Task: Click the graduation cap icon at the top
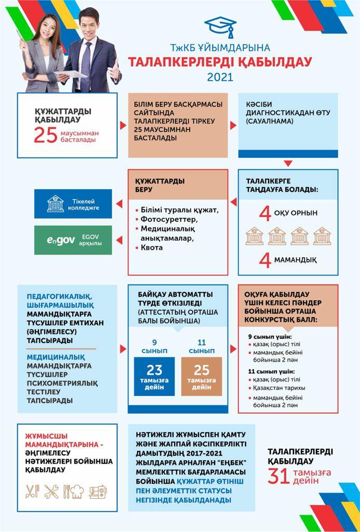coord(220,26)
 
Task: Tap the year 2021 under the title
coord(220,77)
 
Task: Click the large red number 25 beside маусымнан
coord(45,135)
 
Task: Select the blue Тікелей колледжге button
coord(73,204)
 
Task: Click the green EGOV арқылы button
coord(73,240)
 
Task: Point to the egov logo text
coord(61,241)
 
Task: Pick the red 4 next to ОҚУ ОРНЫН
coord(265,214)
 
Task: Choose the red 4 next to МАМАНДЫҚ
coord(265,260)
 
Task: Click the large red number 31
coord(278,476)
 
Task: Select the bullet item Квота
coord(152,247)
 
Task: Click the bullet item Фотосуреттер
coord(166,219)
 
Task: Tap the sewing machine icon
coord(97,491)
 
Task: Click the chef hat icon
coord(76,491)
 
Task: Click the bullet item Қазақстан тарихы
coord(280,388)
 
